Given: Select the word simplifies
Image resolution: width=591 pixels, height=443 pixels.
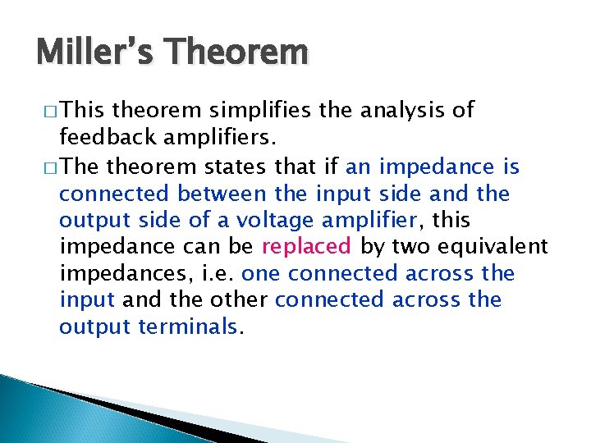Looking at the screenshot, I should tap(250, 111).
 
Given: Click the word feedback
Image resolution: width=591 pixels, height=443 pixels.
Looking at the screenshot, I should tap(102, 137).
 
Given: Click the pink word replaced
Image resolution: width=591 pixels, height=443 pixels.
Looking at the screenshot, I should tap(306, 247).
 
